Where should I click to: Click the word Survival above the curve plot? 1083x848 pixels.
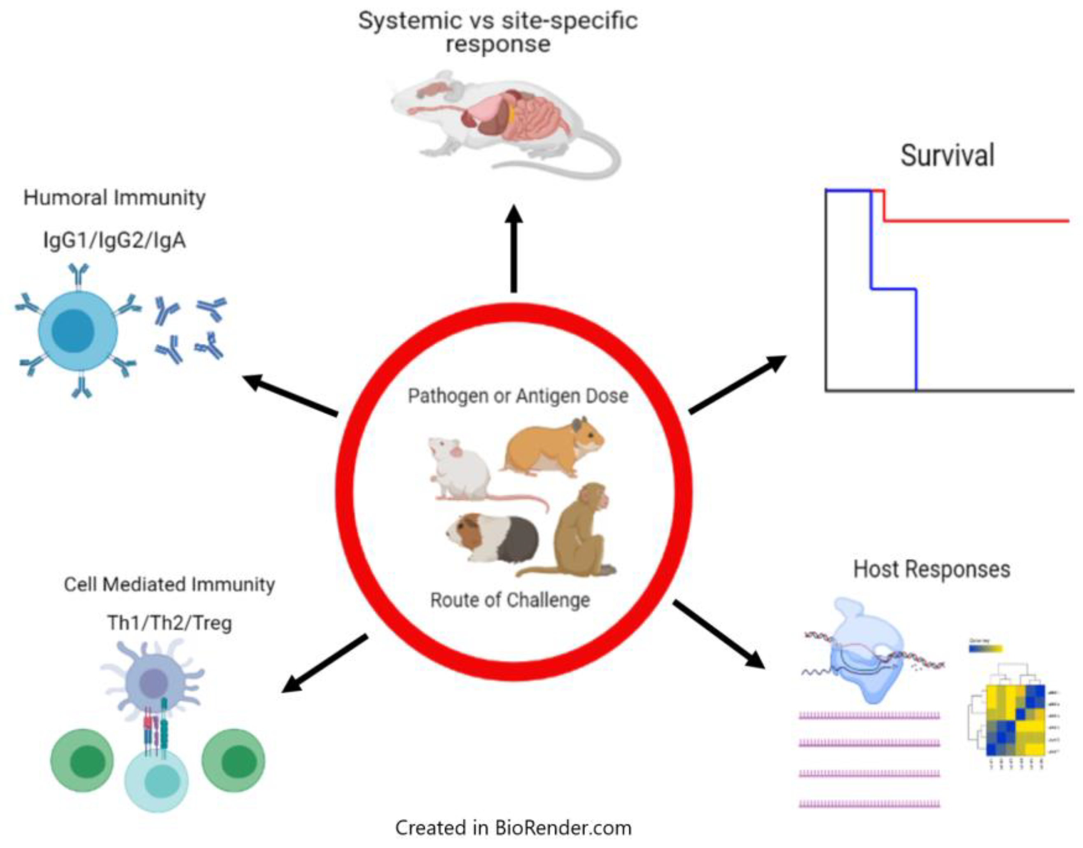947,156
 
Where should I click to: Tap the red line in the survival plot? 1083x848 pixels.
973,221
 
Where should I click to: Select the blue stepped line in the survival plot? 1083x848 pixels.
894,289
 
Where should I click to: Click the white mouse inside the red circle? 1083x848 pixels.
459,472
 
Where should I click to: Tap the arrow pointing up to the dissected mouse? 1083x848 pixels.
514,248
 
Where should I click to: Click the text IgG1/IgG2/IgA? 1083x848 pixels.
114,241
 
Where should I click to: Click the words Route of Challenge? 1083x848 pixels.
510,600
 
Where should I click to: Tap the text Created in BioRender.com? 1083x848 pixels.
513,828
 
